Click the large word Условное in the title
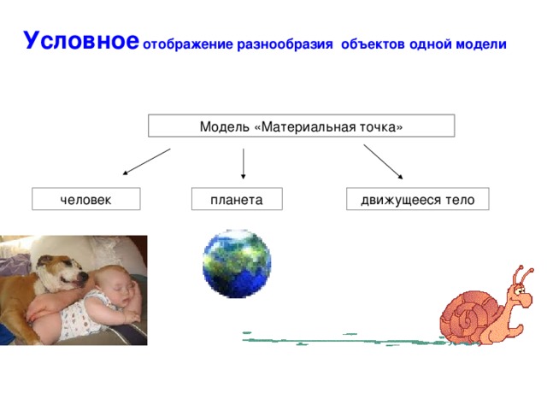click(x=80, y=41)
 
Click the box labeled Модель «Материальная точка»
click(x=301, y=126)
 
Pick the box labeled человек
click(x=86, y=200)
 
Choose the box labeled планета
click(x=236, y=200)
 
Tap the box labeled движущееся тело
click(x=417, y=200)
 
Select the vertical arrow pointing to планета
click(x=244, y=163)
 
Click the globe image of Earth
click(x=237, y=263)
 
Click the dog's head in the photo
click(x=64, y=269)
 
